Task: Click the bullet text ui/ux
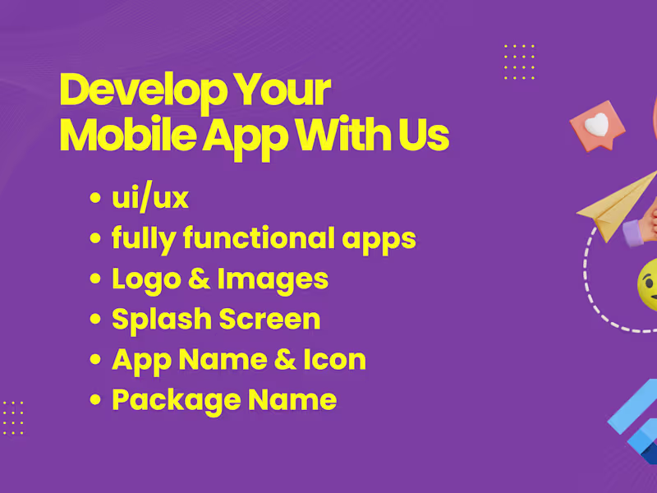[150, 199]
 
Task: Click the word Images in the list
[273, 279]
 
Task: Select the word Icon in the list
[333, 360]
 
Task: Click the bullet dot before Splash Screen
[96, 320]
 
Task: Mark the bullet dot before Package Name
[96, 401]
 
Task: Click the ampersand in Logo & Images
[197, 279]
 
